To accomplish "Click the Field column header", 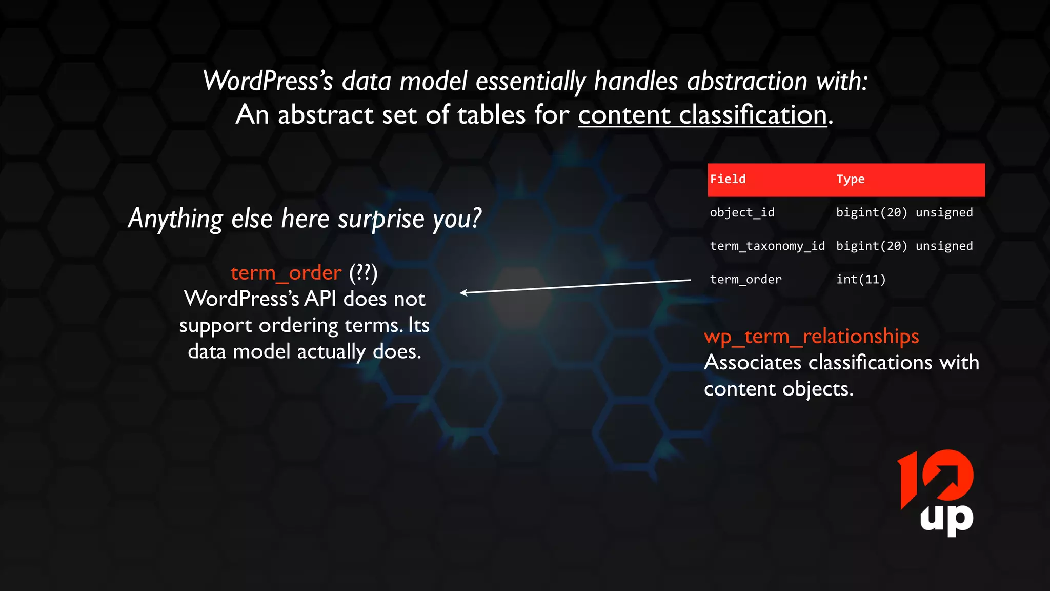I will (728, 179).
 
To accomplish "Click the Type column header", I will (850, 179).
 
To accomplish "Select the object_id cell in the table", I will (742, 212).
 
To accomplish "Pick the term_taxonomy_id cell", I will (767, 246).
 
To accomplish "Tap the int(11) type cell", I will (861, 280).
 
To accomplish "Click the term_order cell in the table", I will (745, 280).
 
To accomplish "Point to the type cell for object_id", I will (904, 212).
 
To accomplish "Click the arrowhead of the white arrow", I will (463, 292).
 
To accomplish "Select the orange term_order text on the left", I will (286, 273).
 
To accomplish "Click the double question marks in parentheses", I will (364, 273).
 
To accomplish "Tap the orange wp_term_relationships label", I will (811, 337).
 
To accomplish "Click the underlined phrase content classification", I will (702, 114).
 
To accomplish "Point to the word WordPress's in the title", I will (268, 81).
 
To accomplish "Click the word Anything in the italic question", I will (175, 219).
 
